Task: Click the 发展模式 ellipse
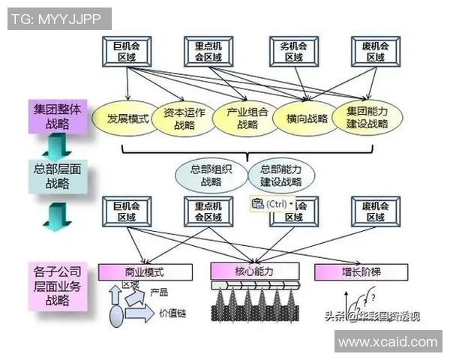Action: [125, 118]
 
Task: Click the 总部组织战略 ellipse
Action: [211, 175]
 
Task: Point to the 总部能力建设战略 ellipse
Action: [280, 175]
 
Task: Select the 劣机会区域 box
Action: [293, 50]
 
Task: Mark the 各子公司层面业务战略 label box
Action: [55, 286]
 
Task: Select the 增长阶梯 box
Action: [361, 271]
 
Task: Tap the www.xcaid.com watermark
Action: [387, 342]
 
